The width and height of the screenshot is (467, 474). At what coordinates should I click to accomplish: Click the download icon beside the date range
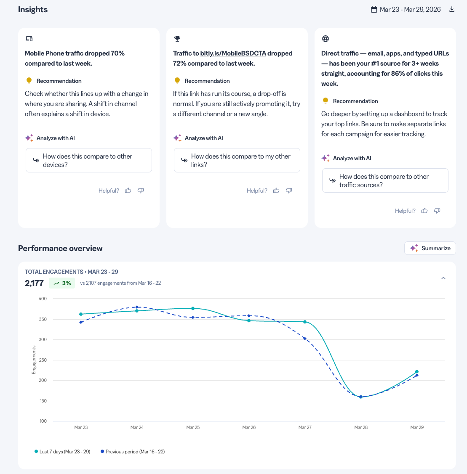pos(451,9)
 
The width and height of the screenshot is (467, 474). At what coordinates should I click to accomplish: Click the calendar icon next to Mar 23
pos(374,9)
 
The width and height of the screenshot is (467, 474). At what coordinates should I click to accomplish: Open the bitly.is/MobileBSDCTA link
pos(233,53)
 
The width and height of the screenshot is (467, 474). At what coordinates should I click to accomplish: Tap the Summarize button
pos(430,248)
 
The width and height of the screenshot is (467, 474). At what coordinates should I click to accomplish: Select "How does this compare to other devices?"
pos(89,160)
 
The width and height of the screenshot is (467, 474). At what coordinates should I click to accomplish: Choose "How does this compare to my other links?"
pos(237,160)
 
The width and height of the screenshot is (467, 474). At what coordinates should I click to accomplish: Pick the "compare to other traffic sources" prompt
pos(385,180)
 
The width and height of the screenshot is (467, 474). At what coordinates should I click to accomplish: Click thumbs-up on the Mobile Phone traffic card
pos(128,191)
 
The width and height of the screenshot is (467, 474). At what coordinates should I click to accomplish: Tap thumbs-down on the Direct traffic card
pos(437,211)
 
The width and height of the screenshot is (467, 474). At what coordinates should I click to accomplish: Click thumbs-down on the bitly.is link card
pos(289,191)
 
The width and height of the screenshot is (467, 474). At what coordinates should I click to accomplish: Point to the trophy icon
pos(177,38)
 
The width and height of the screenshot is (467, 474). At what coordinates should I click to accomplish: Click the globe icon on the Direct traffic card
pos(326,38)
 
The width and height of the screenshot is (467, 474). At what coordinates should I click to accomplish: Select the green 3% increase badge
pos(62,283)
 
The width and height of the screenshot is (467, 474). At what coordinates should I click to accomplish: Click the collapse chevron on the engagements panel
pos(443,278)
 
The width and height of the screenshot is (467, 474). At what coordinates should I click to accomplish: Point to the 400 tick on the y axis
pos(43,299)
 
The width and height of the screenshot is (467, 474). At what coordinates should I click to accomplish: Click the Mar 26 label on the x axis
pos(249,427)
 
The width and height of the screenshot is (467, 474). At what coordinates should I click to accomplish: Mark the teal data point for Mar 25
pos(193,309)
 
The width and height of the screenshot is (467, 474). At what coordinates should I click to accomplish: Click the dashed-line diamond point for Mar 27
pos(305,339)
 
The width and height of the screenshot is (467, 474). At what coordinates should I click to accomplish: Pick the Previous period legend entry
pos(133,452)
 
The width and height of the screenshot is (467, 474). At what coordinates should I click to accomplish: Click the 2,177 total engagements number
pos(34,283)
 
